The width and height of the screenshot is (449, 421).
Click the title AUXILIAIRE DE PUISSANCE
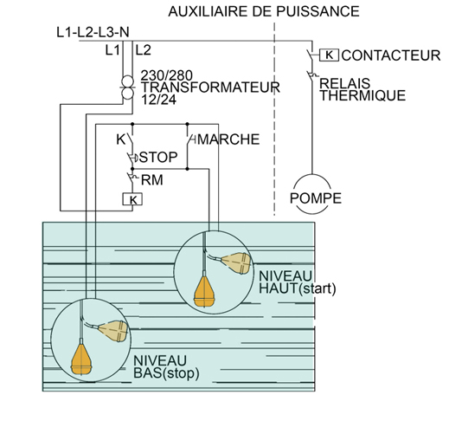click(x=264, y=11)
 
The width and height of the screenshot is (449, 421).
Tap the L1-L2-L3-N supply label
click(x=93, y=32)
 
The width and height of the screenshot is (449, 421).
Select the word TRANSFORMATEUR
click(x=210, y=87)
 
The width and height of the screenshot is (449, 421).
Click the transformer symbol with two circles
click(x=127, y=87)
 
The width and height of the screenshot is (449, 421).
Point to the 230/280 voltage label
click(x=166, y=75)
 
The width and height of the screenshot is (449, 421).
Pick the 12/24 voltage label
click(x=158, y=100)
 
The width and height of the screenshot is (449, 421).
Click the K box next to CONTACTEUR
click(x=329, y=55)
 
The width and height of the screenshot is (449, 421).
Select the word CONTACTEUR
click(x=391, y=55)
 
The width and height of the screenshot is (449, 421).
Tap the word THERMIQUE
click(x=362, y=95)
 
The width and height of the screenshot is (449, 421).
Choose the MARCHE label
click(x=228, y=139)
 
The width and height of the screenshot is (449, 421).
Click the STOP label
click(x=158, y=158)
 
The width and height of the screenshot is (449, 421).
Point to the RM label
click(x=152, y=180)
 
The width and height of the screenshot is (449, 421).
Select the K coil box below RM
click(x=132, y=199)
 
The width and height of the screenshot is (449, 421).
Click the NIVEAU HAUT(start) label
click(x=298, y=282)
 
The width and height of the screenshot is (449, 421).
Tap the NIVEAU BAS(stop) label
click(x=166, y=366)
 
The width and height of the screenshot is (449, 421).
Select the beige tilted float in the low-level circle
click(x=113, y=331)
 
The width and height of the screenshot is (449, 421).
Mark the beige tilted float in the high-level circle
click(x=236, y=263)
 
